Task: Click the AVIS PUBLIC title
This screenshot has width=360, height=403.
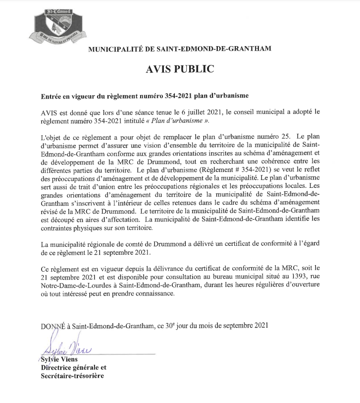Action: tap(180, 69)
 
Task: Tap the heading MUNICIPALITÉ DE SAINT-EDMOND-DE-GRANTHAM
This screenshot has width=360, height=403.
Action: tap(180, 49)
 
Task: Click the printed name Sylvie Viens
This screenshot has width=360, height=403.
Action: tap(56, 360)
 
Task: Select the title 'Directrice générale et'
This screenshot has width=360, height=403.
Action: tap(74, 368)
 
